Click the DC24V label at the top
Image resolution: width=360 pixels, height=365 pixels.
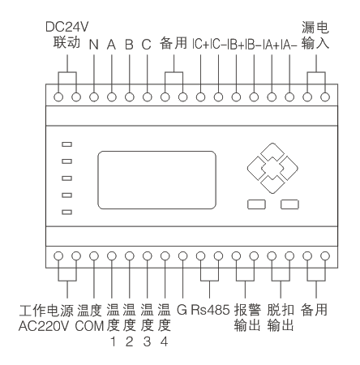click(67, 27)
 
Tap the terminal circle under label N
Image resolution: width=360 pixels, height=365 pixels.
click(94, 97)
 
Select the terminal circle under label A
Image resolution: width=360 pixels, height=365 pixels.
click(112, 97)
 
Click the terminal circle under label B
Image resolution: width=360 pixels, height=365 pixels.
click(130, 97)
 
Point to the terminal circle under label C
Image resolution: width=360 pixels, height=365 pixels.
click(148, 97)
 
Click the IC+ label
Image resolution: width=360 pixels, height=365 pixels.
click(200, 45)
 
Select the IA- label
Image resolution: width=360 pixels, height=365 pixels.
click(289, 45)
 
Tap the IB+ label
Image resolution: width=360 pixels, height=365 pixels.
click(236, 45)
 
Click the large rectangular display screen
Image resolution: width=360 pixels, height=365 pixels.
click(156, 180)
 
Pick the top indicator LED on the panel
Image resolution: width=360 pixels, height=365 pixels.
click(66, 144)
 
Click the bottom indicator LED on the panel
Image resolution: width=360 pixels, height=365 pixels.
click(66, 212)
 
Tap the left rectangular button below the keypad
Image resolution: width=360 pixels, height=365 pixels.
click(256, 204)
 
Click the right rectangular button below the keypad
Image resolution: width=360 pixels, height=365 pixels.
click(289, 204)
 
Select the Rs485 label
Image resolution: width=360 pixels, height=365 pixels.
click(210, 310)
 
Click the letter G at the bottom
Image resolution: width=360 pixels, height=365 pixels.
click(182, 310)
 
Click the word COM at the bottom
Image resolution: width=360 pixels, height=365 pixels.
click(89, 326)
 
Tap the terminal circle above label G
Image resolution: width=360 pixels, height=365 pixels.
click(183, 255)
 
